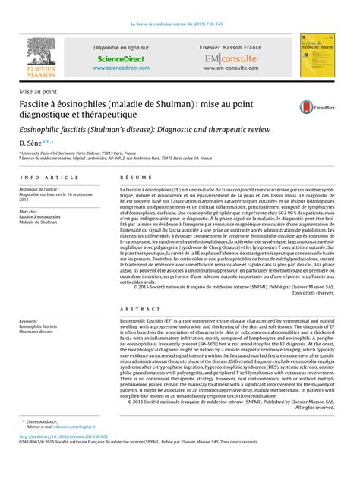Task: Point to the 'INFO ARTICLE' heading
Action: (50, 176)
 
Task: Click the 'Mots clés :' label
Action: (29, 211)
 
